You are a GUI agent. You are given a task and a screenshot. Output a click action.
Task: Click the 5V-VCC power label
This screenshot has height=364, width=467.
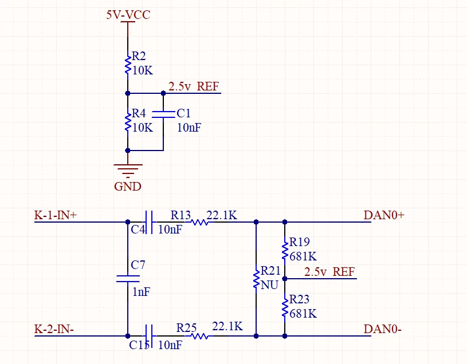(x=128, y=14)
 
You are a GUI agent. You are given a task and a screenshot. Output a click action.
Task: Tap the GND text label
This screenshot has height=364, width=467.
(x=127, y=187)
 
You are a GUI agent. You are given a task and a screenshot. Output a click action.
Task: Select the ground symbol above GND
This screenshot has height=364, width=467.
(x=128, y=171)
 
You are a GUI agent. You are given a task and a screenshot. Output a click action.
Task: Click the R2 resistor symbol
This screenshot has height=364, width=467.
(x=128, y=65)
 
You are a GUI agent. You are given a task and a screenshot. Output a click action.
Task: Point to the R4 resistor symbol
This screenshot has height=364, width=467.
(x=128, y=122)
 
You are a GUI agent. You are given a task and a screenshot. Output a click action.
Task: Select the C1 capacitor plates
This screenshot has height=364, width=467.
(x=163, y=114)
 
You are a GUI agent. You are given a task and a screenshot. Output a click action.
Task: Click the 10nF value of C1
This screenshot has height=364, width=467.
(x=189, y=128)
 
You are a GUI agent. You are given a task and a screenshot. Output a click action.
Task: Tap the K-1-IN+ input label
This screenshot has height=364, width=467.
(x=56, y=215)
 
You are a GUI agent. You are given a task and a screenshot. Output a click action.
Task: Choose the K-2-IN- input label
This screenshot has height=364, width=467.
(x=54, y=329)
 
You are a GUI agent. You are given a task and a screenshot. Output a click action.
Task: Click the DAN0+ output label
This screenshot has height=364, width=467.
(x=384, y=215)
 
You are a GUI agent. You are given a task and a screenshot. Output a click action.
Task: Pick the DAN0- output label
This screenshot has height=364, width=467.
(x=382, y=329)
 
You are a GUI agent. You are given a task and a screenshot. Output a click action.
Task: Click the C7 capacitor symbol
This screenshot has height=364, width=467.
(x=128, y=279)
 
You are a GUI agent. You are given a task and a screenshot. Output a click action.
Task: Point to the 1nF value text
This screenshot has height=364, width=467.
(x=141, y=292)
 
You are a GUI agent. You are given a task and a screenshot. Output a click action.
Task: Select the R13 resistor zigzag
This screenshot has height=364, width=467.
(x=199, y=222)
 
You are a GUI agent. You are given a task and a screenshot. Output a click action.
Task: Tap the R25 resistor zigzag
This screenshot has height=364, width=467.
(x=199, y=336)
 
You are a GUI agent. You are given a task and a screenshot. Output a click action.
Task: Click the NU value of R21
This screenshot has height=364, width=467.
(x=269, y=285)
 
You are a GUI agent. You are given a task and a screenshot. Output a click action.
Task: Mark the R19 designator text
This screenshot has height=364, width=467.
(x=299, y=242)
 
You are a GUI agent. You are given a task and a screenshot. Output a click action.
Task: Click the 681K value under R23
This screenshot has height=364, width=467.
(x=303, y=314)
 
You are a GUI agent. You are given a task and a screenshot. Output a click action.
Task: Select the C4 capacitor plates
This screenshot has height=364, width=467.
(x=149, y=222)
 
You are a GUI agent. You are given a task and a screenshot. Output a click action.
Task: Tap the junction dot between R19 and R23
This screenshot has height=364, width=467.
(x=285, y=279)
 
